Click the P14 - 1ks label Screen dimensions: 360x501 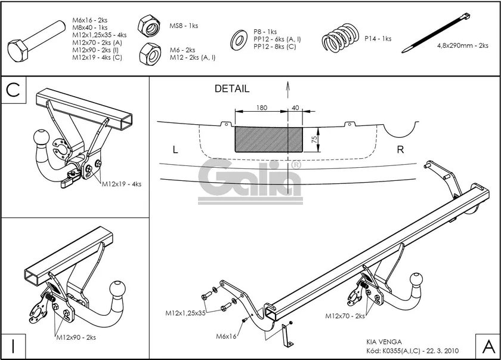[378, 39]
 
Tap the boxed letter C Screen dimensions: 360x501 [14, 90]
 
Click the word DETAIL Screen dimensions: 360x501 [232, 89]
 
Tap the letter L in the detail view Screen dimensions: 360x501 [175, 150]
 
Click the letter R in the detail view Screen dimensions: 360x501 [400, 150]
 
